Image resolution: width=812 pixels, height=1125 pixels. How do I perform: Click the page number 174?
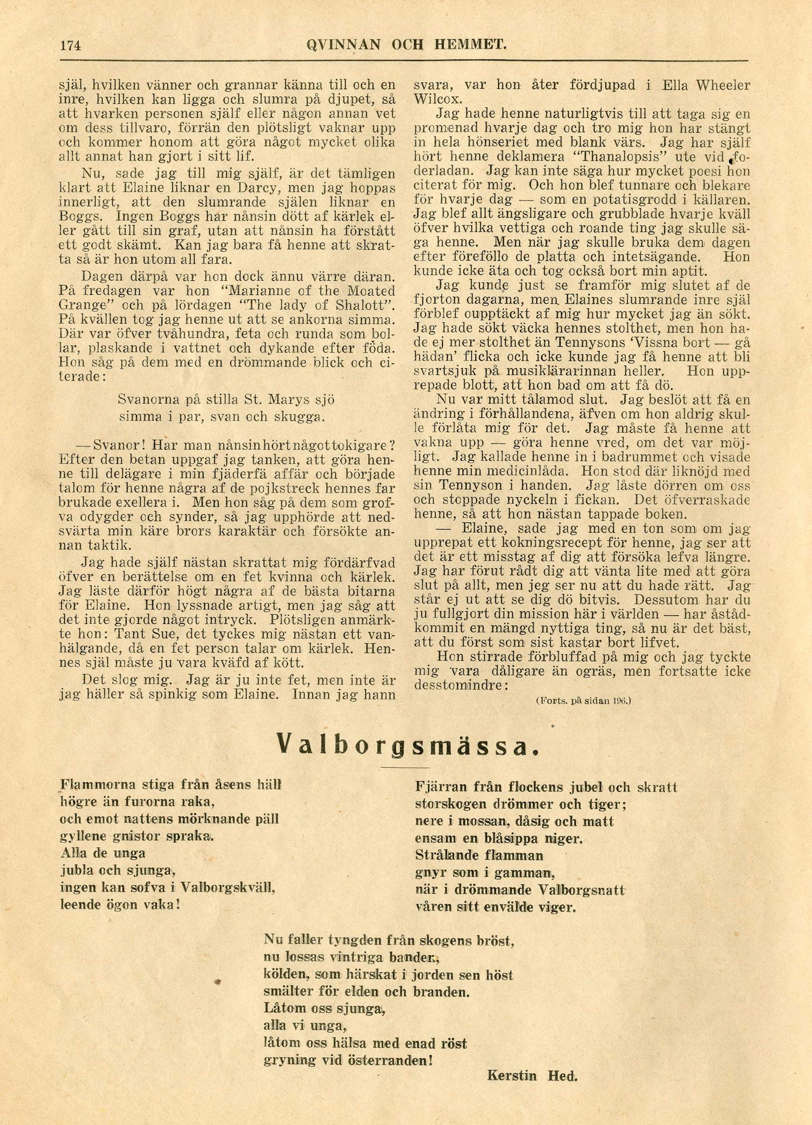(x=70, y=46)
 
